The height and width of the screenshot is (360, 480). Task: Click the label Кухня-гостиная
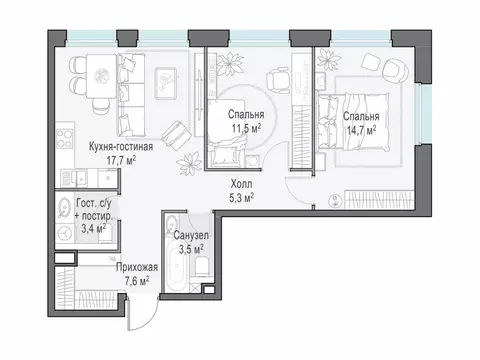click(x=121, y=147)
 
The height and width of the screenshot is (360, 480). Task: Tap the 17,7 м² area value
click(x=121, y=160)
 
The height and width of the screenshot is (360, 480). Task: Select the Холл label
click(x=242, y=184)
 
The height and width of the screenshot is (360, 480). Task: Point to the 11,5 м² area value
click(x=246, y=128)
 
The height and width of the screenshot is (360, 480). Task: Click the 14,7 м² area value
click(x=362, y=130)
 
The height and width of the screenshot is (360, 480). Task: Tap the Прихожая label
click(x=137, y=267)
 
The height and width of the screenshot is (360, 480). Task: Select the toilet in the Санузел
click(x=202, y=266)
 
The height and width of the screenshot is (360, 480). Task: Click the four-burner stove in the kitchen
click(x=65, y=138)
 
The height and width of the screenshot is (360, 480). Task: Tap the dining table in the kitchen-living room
click(x=101, y=76)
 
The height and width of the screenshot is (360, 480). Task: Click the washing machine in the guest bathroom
click(x=65, y=233)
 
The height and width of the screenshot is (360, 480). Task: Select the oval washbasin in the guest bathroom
click(x=63, y=206)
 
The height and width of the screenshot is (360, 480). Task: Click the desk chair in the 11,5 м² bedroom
click(x=278, y=80)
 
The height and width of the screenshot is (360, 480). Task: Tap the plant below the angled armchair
click(x=189, y=164)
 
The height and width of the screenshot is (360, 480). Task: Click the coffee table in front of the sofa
click(x=166, y=83)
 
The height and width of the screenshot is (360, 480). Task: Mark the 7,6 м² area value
click(x=137, y=281)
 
